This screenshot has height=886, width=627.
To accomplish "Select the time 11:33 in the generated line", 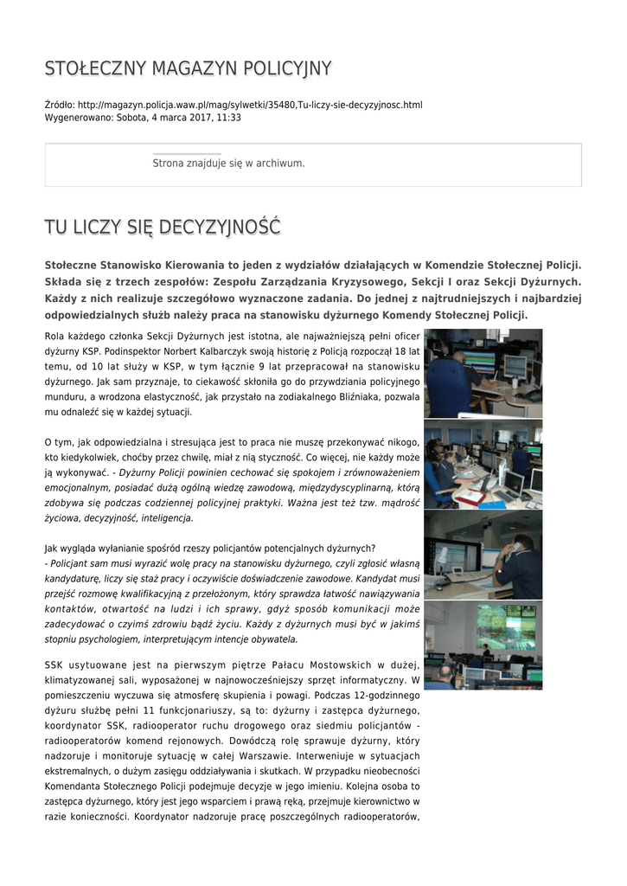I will tap(229, 118).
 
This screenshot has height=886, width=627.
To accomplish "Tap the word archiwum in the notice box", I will tap(278, 164).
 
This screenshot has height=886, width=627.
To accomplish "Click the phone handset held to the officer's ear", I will tap(519, 544).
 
